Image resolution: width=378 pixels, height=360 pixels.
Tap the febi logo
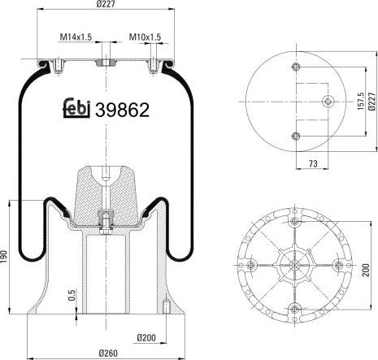(x=76, y=108)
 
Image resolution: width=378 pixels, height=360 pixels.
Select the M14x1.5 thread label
(x=76, y=37)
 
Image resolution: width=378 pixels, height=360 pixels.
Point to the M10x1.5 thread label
(x=146, y=37)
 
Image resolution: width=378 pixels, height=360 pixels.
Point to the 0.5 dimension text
(x=72, y=295)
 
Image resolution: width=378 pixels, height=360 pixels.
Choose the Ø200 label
(x=146, y=336)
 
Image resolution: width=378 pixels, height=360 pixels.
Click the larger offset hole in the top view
(x=328, y=102)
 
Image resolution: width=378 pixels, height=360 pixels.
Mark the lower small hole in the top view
(x=296, y=135)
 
